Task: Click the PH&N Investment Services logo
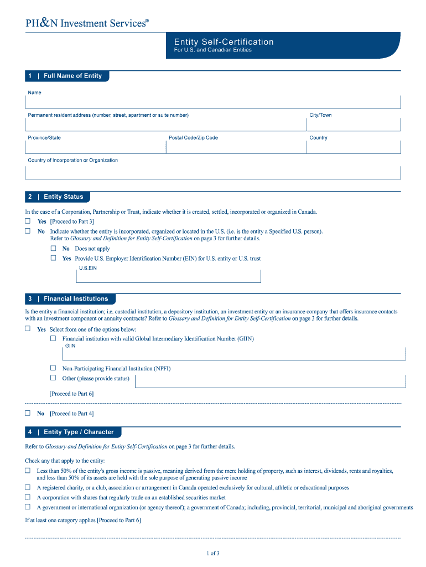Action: [x=87, y=23]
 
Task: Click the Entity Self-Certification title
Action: [x=224, y=42]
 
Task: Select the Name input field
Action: [x=212, y=102]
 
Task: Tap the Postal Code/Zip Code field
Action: [x=236, y=147]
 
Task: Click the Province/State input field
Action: [x=95, y=147]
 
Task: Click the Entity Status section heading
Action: [x=63, y=197]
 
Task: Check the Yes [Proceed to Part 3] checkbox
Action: [x=28, y=221]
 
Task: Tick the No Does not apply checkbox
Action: [x=54, y=249]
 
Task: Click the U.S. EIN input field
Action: [x=169, y=276]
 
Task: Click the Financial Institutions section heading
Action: [x=75, y=299]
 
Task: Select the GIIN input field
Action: [x=235, y=354]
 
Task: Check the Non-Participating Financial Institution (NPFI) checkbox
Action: [x=53, y=368]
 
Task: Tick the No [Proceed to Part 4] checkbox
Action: [x=28, y=413]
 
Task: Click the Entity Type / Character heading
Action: [x=78, y=432]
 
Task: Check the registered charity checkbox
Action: [x=28, y=488]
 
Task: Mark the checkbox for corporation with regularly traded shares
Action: [x=28, y=497]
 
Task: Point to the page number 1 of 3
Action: [x=213, y=553]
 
